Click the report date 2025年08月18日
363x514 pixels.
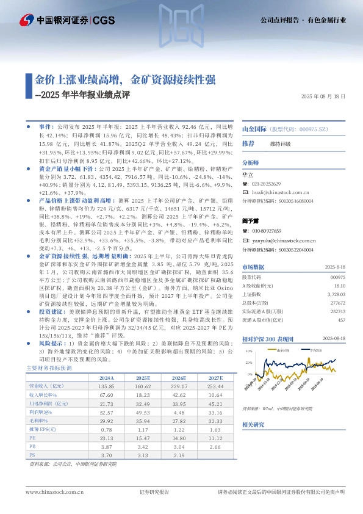324,96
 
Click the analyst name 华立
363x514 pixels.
247,174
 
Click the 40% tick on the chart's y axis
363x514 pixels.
248,352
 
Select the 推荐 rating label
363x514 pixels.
248,143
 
